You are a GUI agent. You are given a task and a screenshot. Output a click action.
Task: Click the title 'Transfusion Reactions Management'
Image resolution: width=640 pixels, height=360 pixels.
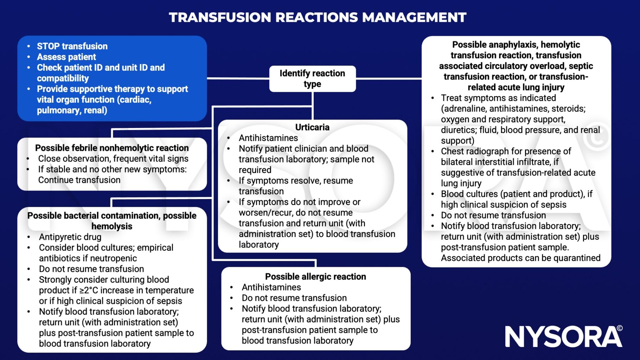click(x=318, y=17)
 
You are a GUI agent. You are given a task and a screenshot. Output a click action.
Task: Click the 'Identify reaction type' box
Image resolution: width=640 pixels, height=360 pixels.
click(x=312, y=79)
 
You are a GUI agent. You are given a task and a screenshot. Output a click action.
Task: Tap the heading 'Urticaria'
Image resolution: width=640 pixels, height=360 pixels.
click(x=312, y=127)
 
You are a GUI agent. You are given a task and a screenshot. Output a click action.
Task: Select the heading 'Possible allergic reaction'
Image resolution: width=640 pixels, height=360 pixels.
click(x=315, y=277)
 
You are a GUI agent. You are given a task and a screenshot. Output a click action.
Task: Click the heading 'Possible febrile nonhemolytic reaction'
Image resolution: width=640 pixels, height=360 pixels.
click(x=112, y=148)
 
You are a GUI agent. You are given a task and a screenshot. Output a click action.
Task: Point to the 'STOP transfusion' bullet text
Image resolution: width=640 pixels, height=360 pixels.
click(x=72, y=46)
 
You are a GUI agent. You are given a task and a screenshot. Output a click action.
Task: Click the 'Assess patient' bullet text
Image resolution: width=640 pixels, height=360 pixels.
click(x=66, y=57)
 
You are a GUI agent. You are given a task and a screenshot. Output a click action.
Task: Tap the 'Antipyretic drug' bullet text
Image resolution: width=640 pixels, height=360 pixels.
click(x=70, y=237)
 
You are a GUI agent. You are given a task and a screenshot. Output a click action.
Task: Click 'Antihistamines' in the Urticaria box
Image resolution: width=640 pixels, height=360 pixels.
click(x=268, y=138)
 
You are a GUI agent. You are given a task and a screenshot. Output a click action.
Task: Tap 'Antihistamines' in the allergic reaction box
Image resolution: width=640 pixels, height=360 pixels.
click(x=271, y=288)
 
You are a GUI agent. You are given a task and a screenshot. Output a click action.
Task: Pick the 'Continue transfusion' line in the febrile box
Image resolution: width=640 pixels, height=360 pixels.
click(x=79, y=180)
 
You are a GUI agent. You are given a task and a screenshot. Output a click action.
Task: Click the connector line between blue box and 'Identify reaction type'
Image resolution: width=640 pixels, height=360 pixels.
click(x=238, y=78)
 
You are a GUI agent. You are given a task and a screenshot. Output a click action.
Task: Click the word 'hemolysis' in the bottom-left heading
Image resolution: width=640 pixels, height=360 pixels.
click(x=112, y=226)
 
